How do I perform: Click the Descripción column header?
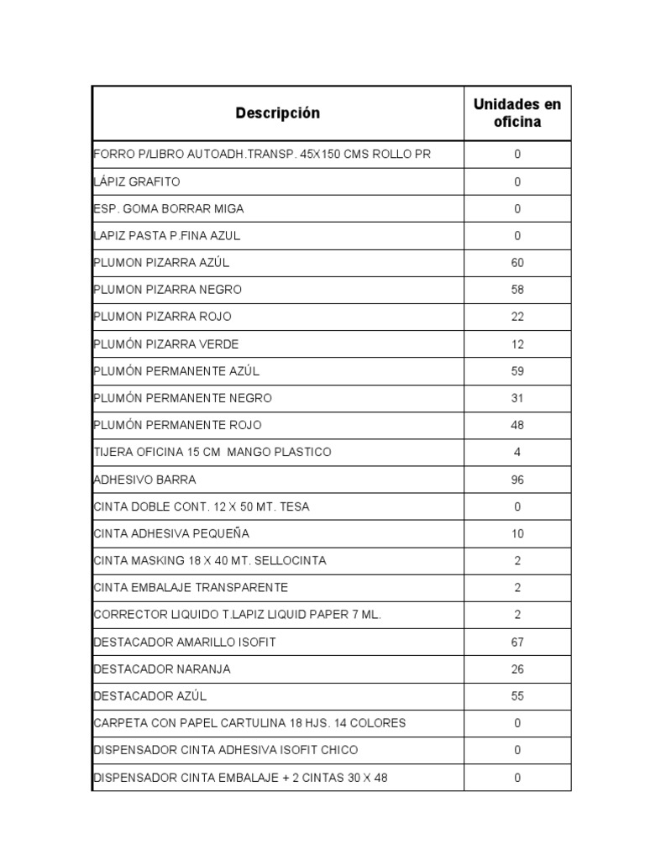pyautogui.click(x=277, y=113)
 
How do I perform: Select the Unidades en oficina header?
pyautogui.click(x=517, y=113)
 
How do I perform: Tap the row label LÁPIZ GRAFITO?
pyautogui.click(x=137, y=181)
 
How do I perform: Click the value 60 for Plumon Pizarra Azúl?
pyautogui.click(x=517, y=263)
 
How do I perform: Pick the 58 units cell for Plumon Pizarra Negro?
pyautogui.click(x=517, y=290)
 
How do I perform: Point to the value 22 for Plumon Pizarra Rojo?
pyautogui.click(x=517, y=317)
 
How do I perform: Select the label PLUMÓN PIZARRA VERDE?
pyautogui.click(x=166, y=344)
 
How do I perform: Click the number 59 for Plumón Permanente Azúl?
pyautogui.click(x=517, y=371)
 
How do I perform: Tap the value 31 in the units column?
pyautogui.click(x=517, y=398)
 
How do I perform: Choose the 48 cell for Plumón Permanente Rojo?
pyautogui.click(x=517, y=425)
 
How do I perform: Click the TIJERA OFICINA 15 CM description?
pyautogui.click(x=212, y=452)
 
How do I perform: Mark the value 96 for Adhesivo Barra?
pyautogui.click(x=517, y=480)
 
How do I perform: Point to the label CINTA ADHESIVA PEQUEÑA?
pyautogui.click(x=171, y=533)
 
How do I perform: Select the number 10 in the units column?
pyautogui.click(x=517, y=533)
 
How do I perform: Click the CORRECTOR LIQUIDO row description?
pyautogui.click(x=238, y=615)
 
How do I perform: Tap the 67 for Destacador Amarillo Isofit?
pyautogui.click(x=517, y=642)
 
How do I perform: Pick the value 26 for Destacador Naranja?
pyautogui.click(x=517, y=669)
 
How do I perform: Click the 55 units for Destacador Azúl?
pyautogui.click(x=517, y=696)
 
